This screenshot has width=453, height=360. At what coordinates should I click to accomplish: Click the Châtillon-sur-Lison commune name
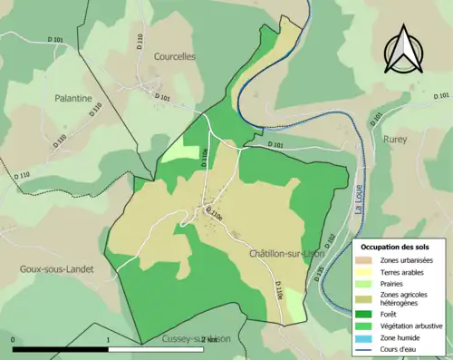pyautogui.click(x=286, y=254)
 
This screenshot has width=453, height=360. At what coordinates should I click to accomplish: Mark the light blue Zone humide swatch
pyautogui.click(x=367, y=340)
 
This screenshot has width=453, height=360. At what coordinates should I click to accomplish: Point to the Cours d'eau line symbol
pyautogui.click(x=367, y=352)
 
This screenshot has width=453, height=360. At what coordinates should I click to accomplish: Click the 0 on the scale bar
pyautogui.click(x=14, y=340)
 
